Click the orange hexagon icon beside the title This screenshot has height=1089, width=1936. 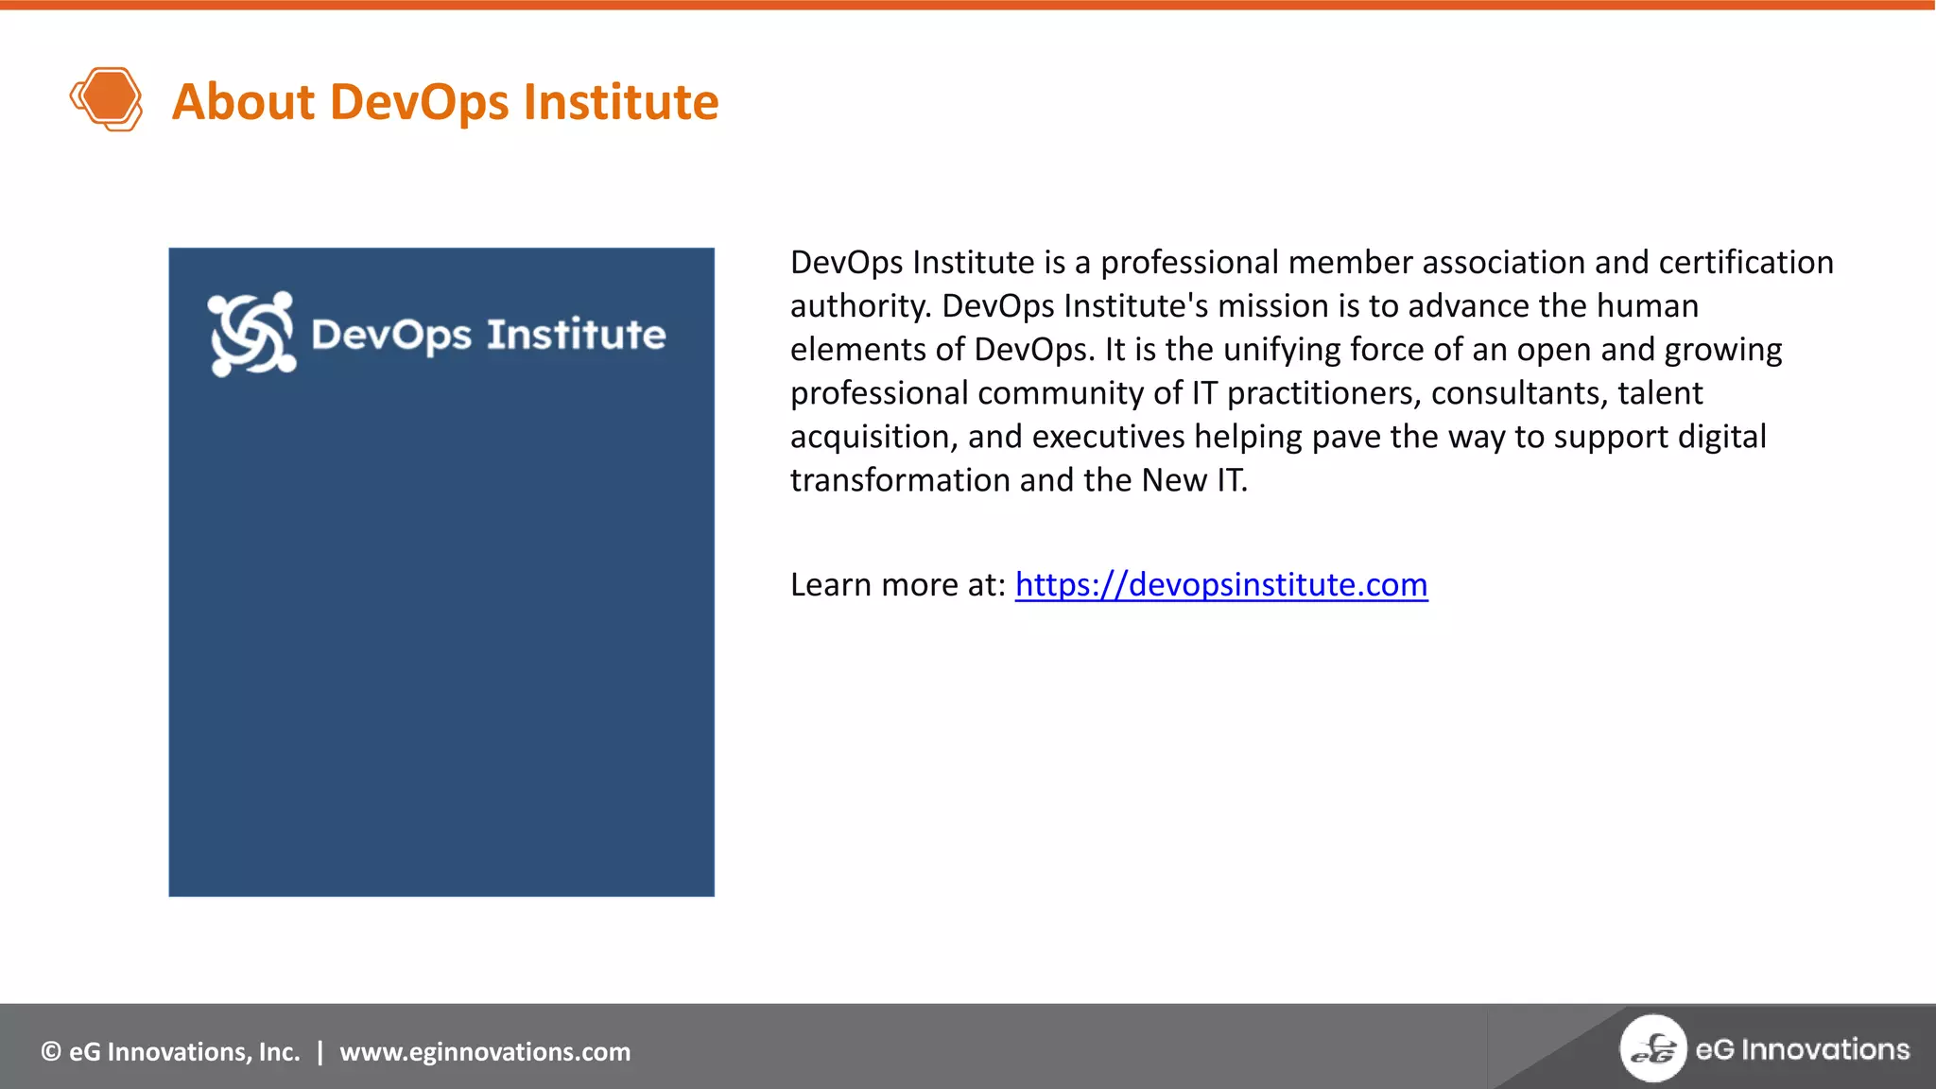(106, 98)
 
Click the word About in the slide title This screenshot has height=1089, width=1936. (243, 102)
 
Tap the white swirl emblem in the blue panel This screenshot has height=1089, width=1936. (251, 334)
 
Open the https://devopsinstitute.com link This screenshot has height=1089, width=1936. (1220, 585)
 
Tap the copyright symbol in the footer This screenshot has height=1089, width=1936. (51, 1052)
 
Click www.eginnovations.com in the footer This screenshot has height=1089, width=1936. (485, 1052)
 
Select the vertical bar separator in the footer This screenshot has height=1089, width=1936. (320, 1052)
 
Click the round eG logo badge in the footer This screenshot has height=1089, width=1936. (1652, 1048)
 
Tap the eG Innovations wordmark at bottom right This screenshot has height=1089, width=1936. (1802, 1049)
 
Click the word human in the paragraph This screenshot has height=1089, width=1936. (1647, 306)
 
